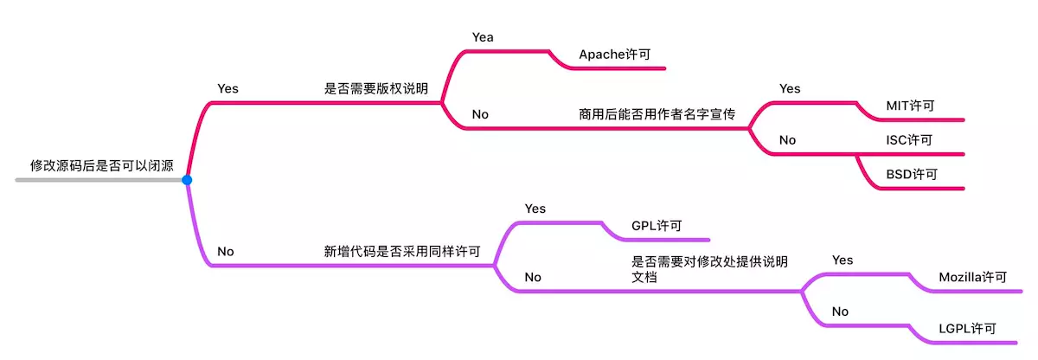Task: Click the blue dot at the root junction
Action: (187, 180)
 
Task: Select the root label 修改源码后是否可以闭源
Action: (102, 166)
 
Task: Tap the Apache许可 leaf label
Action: (614, 54)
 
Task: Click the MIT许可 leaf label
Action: (910, 106)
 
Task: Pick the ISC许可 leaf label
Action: (908, 139)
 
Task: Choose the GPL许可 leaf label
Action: (657, 226)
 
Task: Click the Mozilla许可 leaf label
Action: (973, 278)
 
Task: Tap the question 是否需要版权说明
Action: (376, 88)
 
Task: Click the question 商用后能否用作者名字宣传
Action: (657, 114)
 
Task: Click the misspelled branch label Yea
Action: (483, 36)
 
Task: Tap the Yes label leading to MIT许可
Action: (790, 88)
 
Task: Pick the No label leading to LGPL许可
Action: (840, 312)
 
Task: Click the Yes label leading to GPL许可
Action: (535, 209)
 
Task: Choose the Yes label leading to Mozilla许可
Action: (843, 260)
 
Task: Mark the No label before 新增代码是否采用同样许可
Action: (226, 252)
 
